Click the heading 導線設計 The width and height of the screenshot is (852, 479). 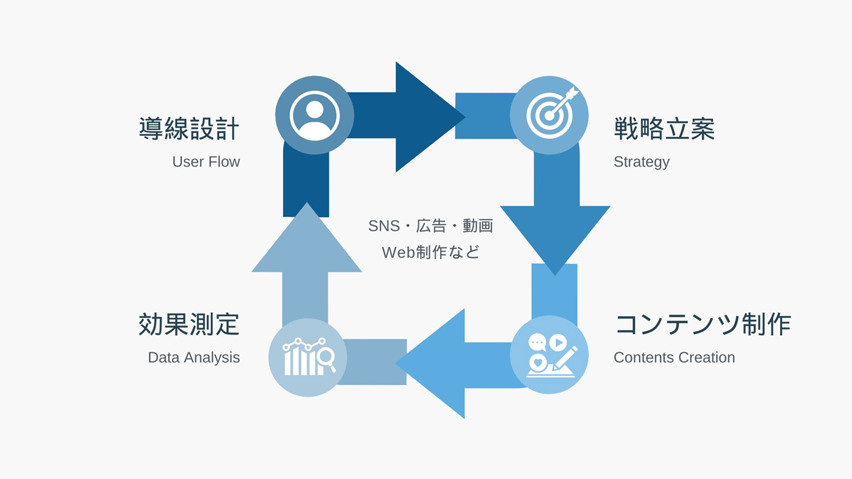pyautogui.click(x=189, y=129)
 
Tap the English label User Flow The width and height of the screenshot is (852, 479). pyautogui.click(x=206, y=161)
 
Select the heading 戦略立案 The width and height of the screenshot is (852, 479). pyautogui.click(x=664, y=129)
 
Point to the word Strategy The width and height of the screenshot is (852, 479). pyautogui.click(x=641, y=161)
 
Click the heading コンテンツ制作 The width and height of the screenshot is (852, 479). pyautogui.click(x=703, y=325)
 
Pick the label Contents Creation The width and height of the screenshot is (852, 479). pyautogui.click(x=674, y=357)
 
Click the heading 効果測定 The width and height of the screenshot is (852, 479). pyautogui.click(x=189, y=325)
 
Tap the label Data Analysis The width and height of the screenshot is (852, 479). pyautogui.click(x=194, y=357)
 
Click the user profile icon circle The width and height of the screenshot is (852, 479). pyautogui.click(x=314, y=115)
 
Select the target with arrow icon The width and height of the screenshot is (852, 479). pyautogui.click(x=549, y=115)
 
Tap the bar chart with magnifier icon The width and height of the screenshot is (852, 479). pyautogui.click(x=308, y=357)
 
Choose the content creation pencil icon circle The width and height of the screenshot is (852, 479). pyautogui.click(x=549, y=355)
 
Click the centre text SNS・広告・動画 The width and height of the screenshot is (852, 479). pyautogui.click(x=430, y=226)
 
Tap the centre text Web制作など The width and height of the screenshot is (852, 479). pyautogui.click(x=430, y=253)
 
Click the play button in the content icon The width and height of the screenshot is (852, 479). pyautogui.click(x=558, y=343)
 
